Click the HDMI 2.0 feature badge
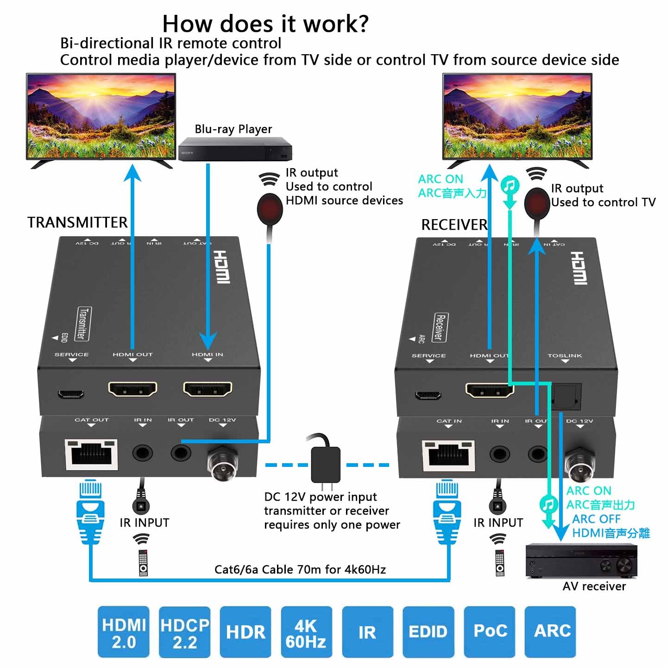[x=124, y=632]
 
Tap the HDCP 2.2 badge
[x=184, y=632]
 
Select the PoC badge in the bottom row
[x=490, y=632]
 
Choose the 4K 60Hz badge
[x=306, y=632]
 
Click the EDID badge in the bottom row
[x=428, y=632]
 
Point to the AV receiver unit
[x=581, y=561]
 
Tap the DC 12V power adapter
[x=326, y=465]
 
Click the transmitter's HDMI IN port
[x=208, y=390]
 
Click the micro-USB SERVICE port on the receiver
[x=428, y=396]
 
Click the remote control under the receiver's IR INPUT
[x=500, y=563]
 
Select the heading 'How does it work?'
[x=265, y=23]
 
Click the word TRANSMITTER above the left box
[x=77, y=222]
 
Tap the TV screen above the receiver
[x=517, y=116]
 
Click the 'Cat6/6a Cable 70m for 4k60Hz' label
[x=300, y=569]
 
